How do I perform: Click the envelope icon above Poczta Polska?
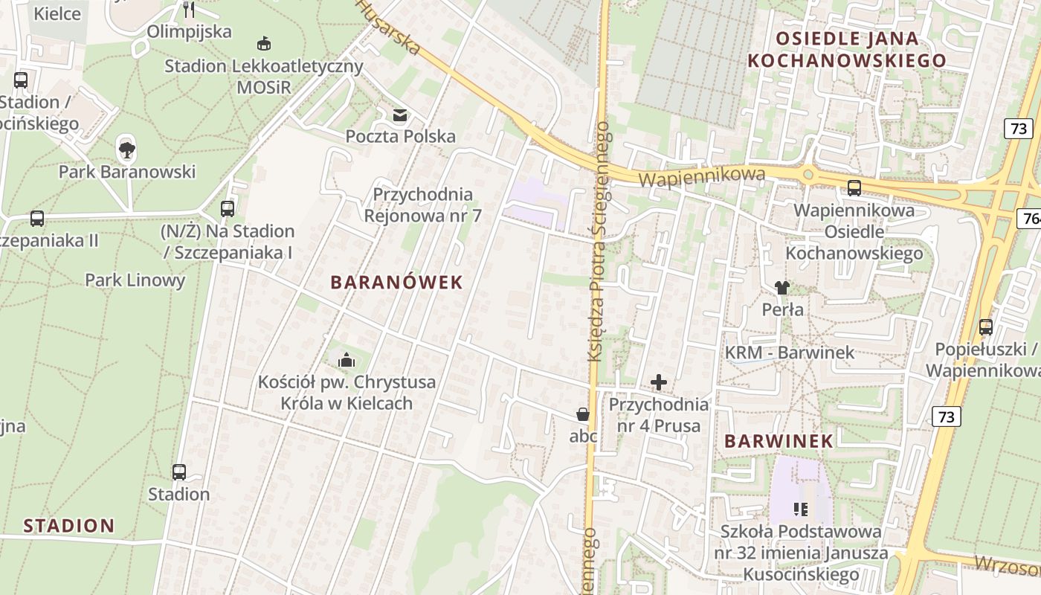(400, 115)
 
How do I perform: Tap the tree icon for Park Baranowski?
(127, 150)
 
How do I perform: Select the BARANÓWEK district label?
(396, 283)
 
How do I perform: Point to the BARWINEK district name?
(779, 441)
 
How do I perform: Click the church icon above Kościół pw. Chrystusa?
(347, 361)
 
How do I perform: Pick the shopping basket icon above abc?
(583, 414)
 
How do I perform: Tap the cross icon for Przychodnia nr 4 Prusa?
(659, 383)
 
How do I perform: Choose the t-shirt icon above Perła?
(781, 288)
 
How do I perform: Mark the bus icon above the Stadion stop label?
(178, 472)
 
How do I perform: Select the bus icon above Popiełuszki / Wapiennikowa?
(986, 327)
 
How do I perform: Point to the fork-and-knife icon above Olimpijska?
(189, 10)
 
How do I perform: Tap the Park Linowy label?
(135, 280)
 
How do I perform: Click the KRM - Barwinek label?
(790, 353)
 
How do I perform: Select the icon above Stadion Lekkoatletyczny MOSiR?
(263, 44)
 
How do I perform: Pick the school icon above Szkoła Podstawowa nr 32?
(801, 509)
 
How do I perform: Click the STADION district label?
(69, 527)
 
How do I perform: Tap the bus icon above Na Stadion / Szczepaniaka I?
(228, 209)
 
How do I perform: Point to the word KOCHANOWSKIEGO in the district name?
(846, 61)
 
